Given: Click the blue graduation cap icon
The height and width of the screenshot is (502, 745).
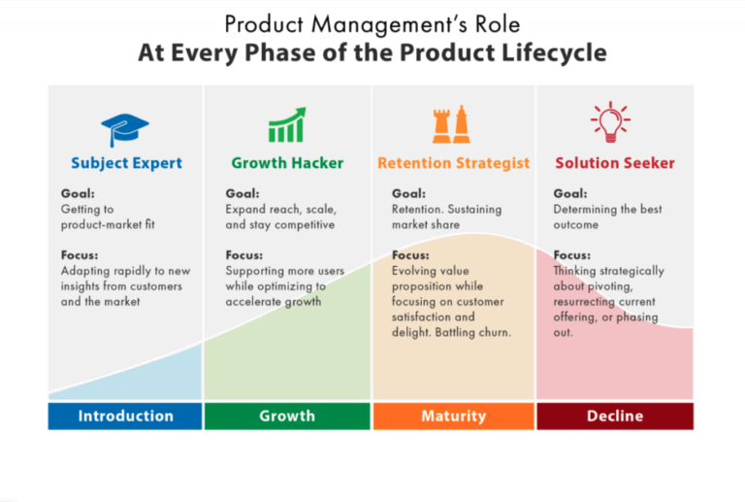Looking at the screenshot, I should point(125,128).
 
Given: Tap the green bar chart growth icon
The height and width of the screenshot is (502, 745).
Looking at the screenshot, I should point(287,126).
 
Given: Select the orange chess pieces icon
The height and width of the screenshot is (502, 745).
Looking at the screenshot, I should point(452,125).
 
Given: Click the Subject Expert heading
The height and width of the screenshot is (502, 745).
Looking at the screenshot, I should point(126,163).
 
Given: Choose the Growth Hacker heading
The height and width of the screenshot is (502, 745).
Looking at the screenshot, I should point(287,163).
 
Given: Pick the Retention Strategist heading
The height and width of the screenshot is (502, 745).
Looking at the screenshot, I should point(453,163).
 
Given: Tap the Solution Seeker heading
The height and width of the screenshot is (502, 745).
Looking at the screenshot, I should point(614,163).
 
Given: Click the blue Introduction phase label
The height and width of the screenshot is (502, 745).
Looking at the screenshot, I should point(125,416).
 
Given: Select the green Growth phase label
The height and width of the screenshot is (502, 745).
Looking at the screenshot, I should point(287,416).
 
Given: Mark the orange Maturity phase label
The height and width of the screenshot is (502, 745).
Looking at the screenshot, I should point(453,416).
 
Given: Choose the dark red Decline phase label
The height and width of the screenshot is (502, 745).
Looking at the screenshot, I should point(615,416).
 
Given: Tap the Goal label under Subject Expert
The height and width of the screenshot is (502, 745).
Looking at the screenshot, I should point(78,193).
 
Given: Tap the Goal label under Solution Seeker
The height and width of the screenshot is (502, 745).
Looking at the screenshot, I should point(570,193).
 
